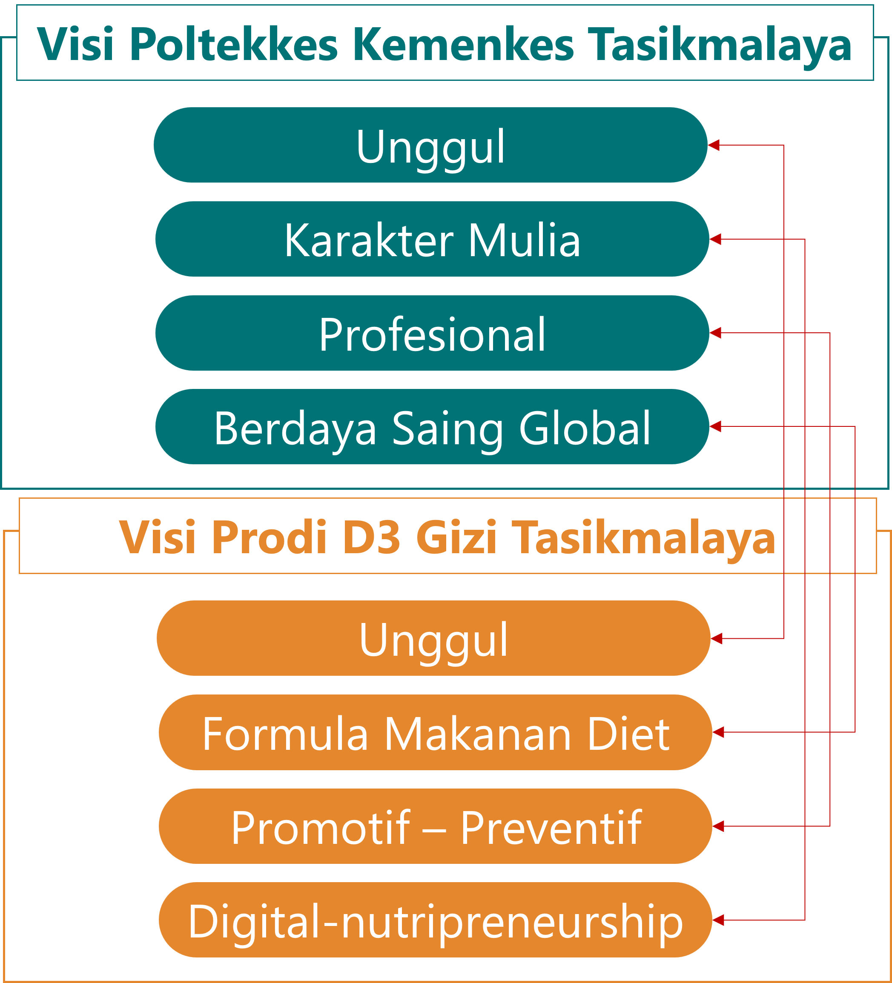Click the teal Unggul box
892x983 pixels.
click(430, 145)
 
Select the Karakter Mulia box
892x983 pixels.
click(432, 239)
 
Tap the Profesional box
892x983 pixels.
click(432, 333)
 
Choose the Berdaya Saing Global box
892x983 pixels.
click(432, 427)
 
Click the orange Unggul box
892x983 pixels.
click(433, 638)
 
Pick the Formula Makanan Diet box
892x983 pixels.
click(435, 732)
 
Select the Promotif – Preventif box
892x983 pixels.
click(435, 826)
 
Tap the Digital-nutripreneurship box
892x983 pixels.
click(435, 920)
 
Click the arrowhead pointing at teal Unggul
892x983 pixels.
click(714, 145)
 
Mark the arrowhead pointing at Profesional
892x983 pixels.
click(715, 333)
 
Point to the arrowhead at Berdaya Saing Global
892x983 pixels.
click(715, 427)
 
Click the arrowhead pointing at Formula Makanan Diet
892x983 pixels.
click(718, 732)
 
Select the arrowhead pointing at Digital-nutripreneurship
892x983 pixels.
click(718, 920)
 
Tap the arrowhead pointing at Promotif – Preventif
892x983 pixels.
click(718, 826)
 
